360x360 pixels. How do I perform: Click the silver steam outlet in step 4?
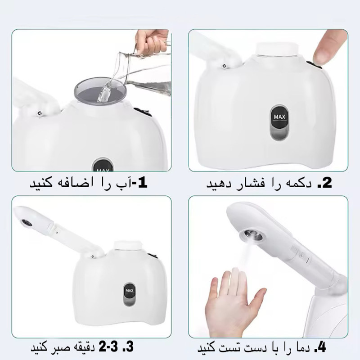point(251,235)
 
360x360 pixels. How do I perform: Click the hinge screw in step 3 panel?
point(92,256)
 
